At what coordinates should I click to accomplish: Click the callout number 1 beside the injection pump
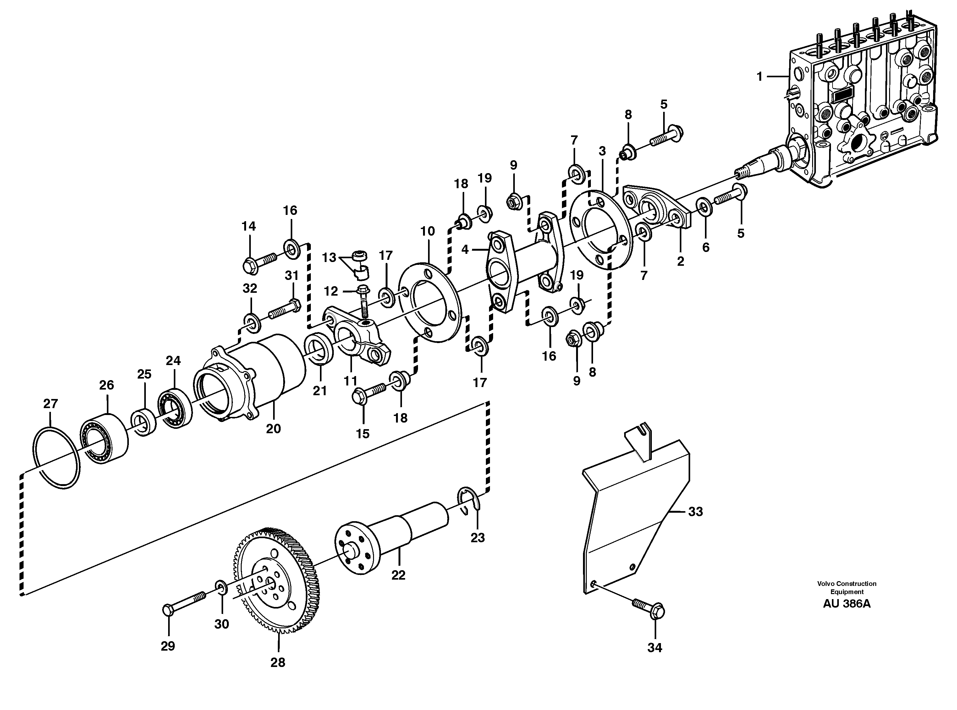(x=759, y=77)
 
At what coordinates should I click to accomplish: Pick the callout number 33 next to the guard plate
(x=695, y=511)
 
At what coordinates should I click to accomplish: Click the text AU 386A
(x=846, y=604)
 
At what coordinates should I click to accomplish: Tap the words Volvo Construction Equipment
(x=846, y=587)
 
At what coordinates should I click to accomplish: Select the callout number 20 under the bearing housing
(x=273, y=429)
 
